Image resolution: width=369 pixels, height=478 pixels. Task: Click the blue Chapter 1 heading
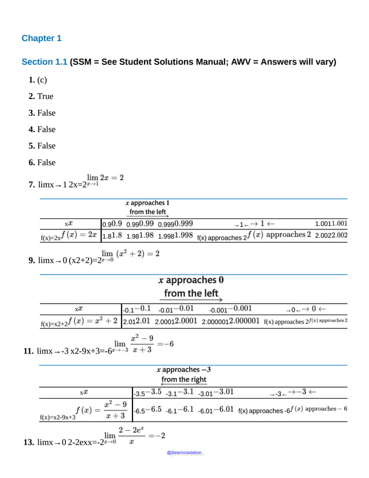pyautogui.click(x=41, y=38)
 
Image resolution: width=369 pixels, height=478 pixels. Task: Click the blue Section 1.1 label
pyautogui.click(x=44, y=62)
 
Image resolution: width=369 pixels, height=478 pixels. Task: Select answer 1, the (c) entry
pyautogui.click(x=42, y=80)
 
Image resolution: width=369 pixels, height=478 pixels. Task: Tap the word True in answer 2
pyautogui.click(x=45, y=96)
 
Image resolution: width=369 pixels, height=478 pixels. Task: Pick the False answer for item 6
pyautogui.click(x=46, y=162)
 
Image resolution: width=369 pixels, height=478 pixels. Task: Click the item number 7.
pyautogui.click(x=31, y=184)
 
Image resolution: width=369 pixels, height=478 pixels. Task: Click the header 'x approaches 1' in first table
pyautogui.click(x=147, y=203)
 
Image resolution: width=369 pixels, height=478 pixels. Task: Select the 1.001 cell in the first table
pyautogui.click(x=331, y=224)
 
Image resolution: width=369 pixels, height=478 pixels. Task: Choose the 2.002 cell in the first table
pyautogui.click(x=331, y=235)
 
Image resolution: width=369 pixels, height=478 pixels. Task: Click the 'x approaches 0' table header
pyautogui.click(x=191, y=280)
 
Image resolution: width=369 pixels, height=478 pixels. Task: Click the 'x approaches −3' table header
pyautogui.click(x=183, y=369)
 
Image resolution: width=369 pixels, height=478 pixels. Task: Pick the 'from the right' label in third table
pyautogui.click(x=183, y=380)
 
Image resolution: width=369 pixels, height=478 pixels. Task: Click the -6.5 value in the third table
pyautogui.click(x=147, y=410)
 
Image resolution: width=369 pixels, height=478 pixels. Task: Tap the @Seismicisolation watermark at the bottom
pyautogui.click(x=184, y=453)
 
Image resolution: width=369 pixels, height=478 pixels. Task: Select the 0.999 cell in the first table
pyautogui.click(x=176, y=224)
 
